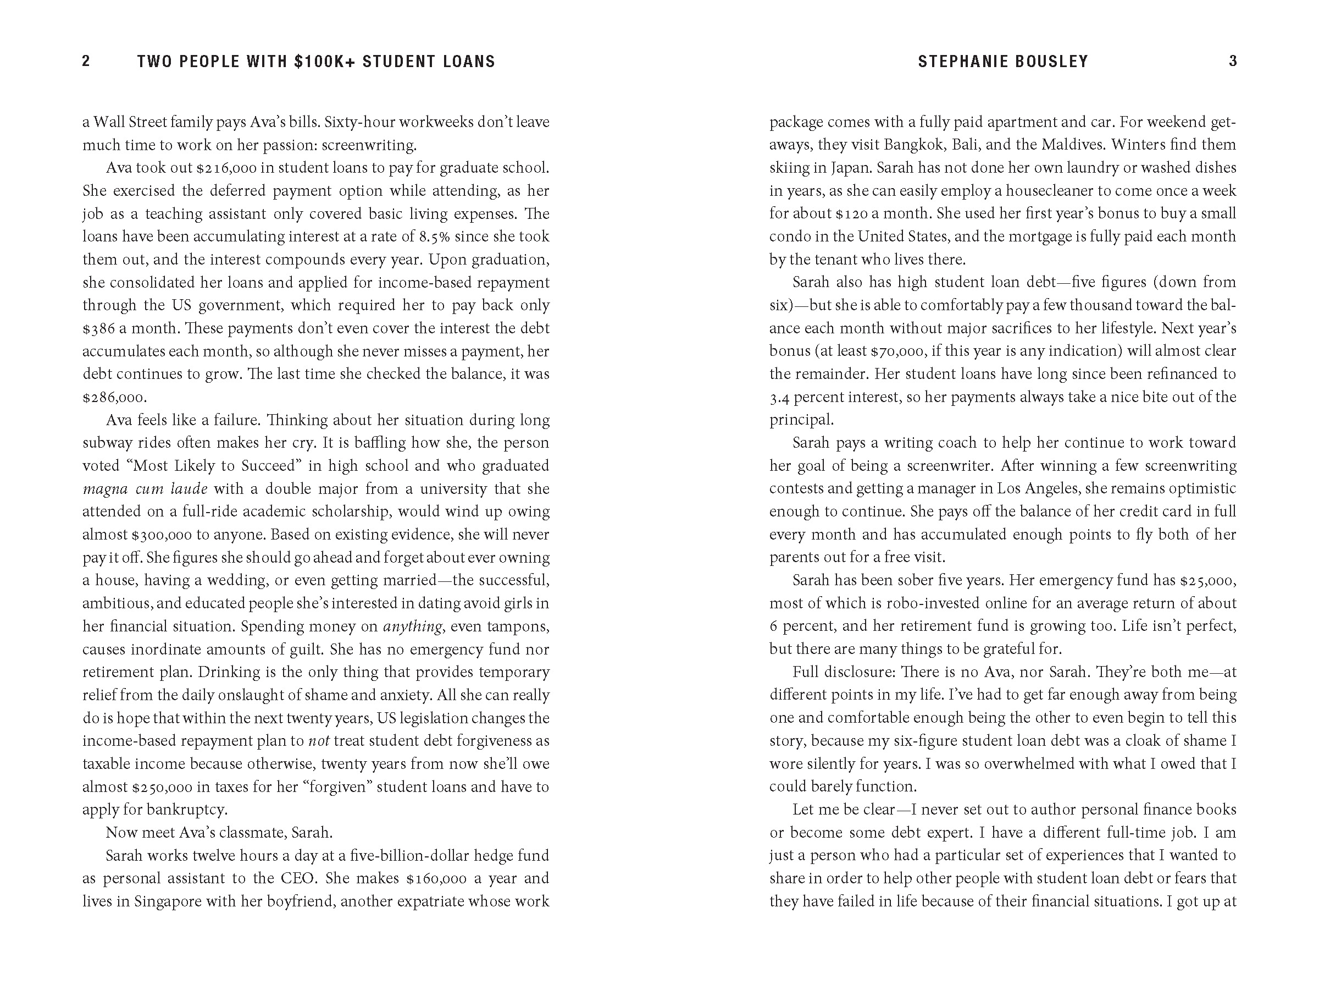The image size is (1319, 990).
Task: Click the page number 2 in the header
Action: click(x=86, y=62)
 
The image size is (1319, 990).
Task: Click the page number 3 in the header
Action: click(x=1233, y=62)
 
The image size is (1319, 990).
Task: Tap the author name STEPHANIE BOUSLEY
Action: click(x=1003, y=62)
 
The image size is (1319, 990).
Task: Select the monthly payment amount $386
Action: click(x=101, y=328)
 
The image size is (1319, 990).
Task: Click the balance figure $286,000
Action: click(x=114, y=398)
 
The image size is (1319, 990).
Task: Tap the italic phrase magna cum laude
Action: click(x=145, y=489)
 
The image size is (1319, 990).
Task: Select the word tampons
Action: click(x=518, y=626)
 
